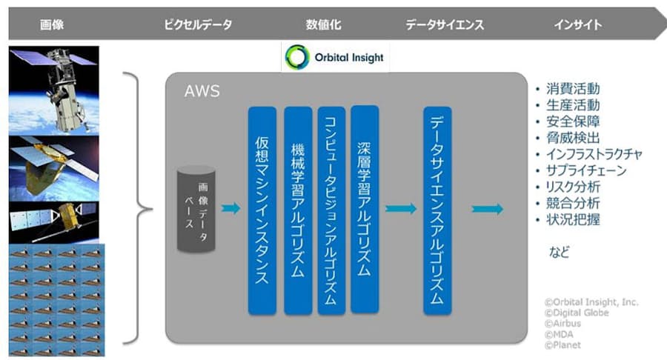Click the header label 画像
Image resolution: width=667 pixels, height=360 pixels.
tap(52, 24)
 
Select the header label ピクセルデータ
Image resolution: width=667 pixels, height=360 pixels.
tap(198, 24)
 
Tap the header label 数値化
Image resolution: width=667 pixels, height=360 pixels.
tap(323, 24)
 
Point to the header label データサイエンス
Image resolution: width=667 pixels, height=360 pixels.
tap(445, 24)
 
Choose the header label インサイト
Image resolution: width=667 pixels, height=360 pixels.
tap(577, 24)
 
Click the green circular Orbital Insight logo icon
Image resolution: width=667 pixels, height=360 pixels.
tap(298, 57)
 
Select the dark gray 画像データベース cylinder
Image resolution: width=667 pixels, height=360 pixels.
tap(196, 209)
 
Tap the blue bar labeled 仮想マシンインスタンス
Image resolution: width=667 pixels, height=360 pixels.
tap(262, 210)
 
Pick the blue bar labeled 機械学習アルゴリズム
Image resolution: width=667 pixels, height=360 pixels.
tap(298, 210)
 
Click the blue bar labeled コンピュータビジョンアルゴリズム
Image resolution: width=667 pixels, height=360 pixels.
tap(331, 210)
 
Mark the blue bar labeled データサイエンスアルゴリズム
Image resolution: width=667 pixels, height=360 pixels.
tap(437, 210)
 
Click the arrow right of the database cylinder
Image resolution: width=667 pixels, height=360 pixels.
tap(230, 208)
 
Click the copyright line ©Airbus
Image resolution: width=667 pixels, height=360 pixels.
tap(563, 323)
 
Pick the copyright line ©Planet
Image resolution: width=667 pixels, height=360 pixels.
tap(563, 344)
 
